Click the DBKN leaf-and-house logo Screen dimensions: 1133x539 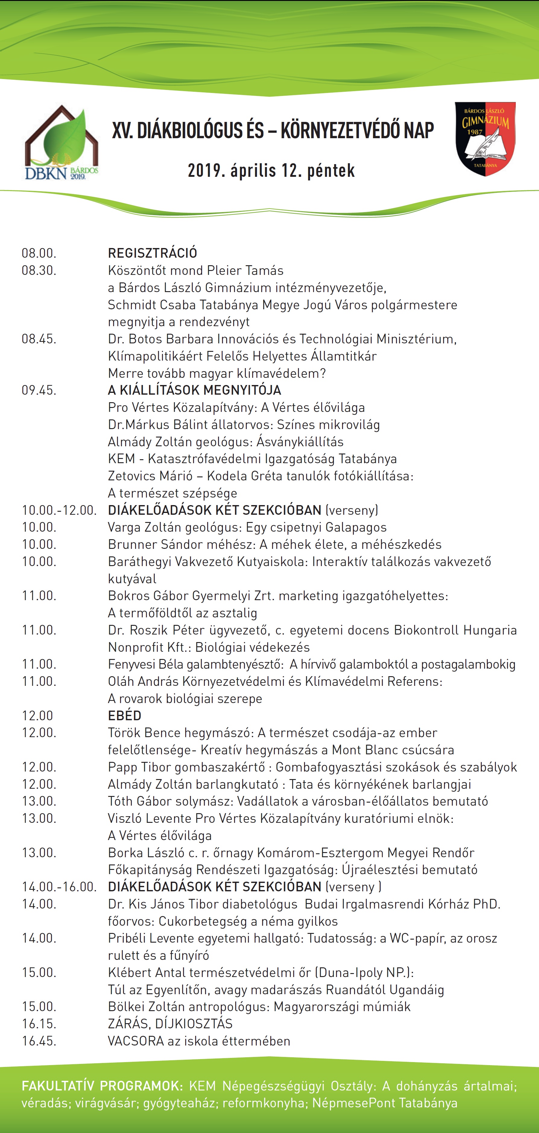pyautogui.click(x=61, y=143)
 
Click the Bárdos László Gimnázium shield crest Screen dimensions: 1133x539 pyautogui.click(x=485, y=138)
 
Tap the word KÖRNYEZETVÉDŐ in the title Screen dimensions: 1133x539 pyautogui.click(x=357, y=131)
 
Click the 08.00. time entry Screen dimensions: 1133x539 pyautogui.click(x=39, y=253)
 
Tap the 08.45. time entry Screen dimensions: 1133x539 pyautogui.click(x=39, y=339)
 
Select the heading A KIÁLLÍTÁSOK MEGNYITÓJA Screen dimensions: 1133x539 pyautogui.click(x=194, y=390)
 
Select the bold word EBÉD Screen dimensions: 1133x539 pyautogui.click(x=124, y=716)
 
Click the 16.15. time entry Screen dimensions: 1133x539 pyautogui.click(x=39, y=1024)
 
